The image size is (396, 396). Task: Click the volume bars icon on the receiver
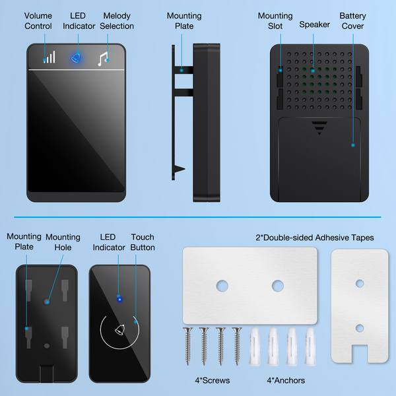pyautogui.click(x=50, y=57)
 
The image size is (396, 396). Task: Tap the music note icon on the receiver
pyautogui.click(x=102, y=59)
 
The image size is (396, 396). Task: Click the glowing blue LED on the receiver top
pyautogui.click(x=77, y=58)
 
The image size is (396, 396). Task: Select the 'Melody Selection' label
pyautogui.click(x=117, y=21)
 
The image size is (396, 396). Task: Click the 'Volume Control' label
pyautogui.click(x=38, y=21)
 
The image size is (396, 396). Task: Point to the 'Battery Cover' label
pyautogui.click(x=353, y=21)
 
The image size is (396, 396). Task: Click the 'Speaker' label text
pyautogui.click(x=315, y=24)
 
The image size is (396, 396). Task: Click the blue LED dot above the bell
pyautogui.click(x=119, y=299)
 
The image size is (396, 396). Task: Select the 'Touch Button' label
pyautogui.click(x=143, y=242)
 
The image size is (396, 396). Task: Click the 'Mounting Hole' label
pyautogui.click(x=63, y=242)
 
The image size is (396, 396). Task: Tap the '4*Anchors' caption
pyautogui.click(x=285, y=380)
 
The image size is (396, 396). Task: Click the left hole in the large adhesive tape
pyautogui.click(x=223, y=286)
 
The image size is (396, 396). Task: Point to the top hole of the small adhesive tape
pyautogui.click(x=360, y=283)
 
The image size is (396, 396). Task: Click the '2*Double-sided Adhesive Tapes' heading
pyautogui.click(x=314, y=238)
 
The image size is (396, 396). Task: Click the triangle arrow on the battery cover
pyautogui.click(x=319, y=128)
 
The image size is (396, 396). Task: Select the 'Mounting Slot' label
pyautogui.click(x=275, y=21)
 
